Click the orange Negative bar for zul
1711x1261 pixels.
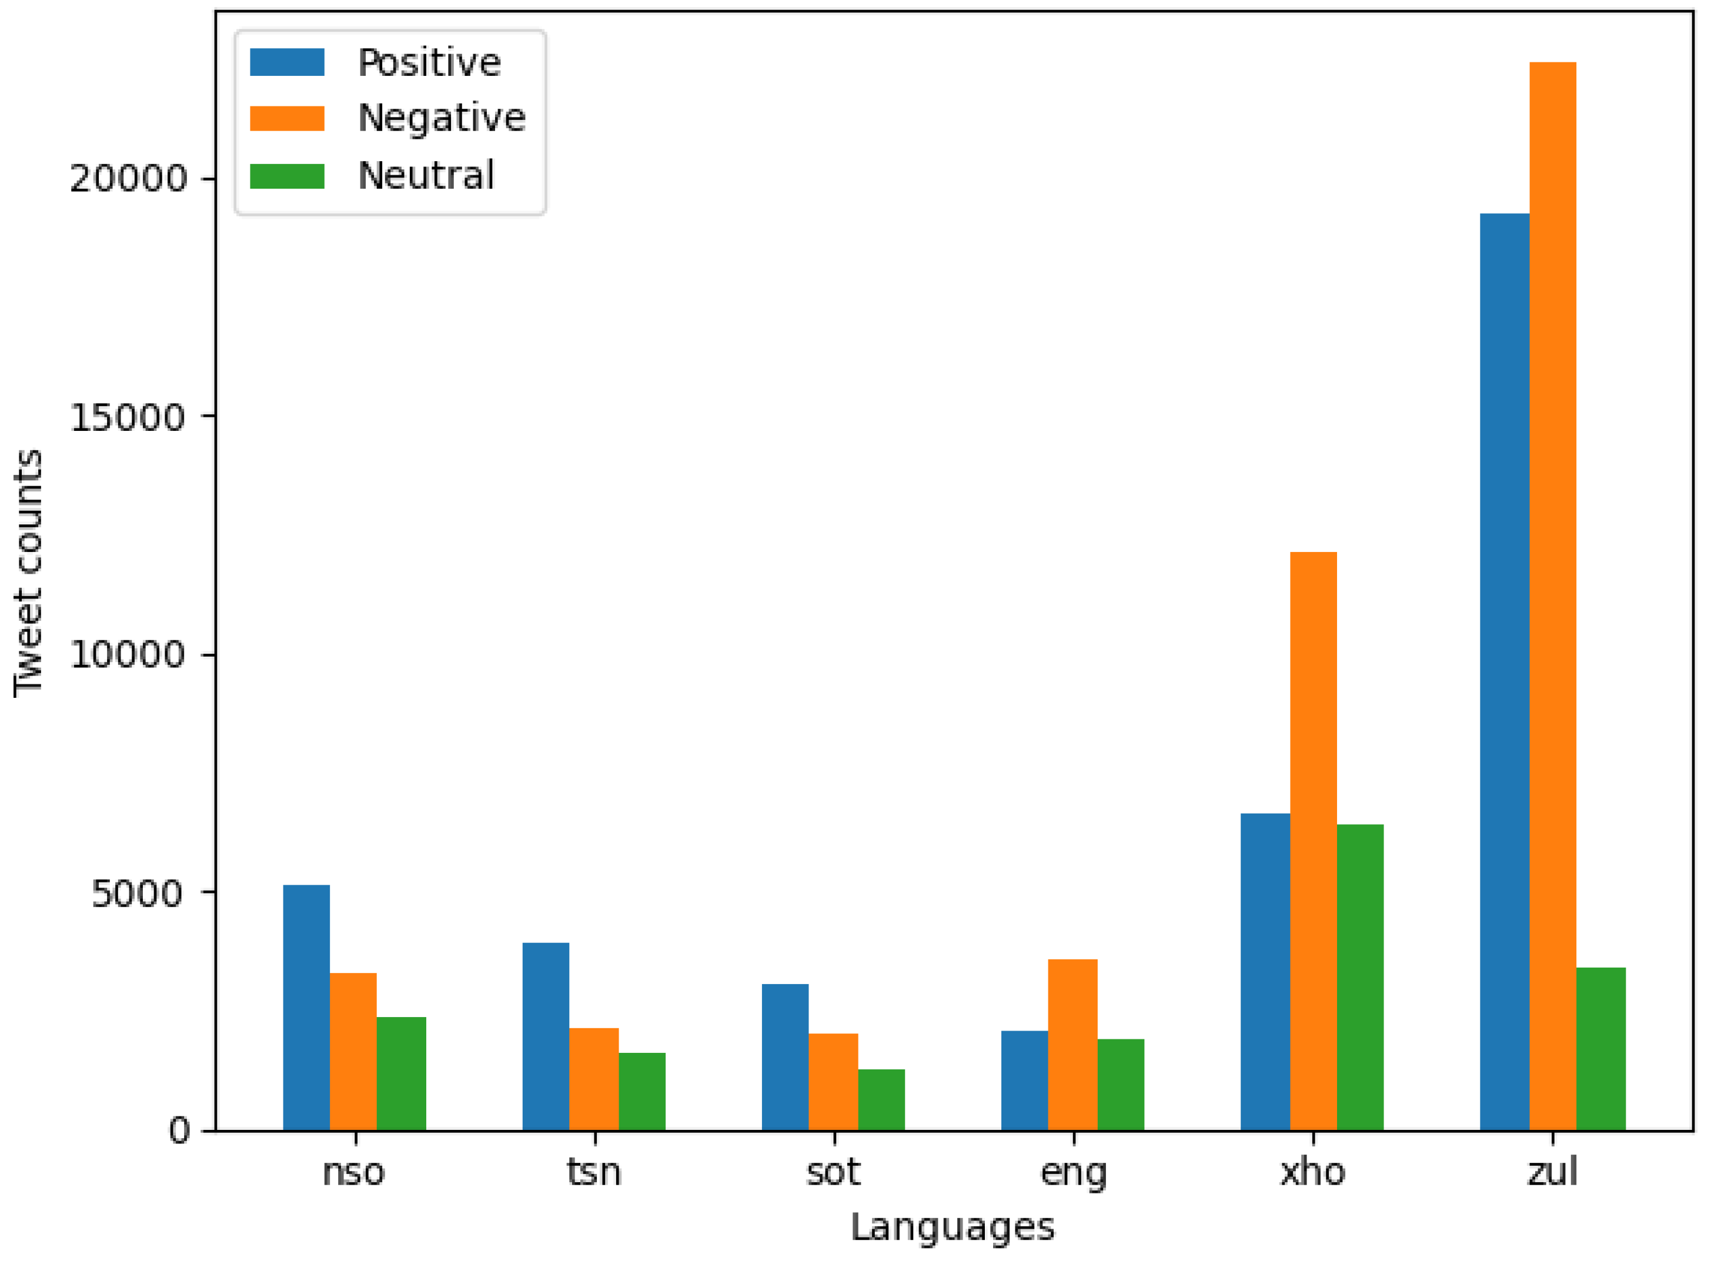click(1552, 596)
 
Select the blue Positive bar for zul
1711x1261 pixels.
click(1504, 672)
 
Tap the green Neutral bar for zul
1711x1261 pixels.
click(1601, 1049)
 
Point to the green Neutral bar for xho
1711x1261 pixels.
click(1360, 977)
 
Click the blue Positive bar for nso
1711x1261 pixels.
click(306, 1008)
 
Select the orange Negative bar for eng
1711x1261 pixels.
click(1072, 1045)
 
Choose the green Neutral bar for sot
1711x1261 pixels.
click(881, 1100)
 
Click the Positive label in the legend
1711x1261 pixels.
click(429, 62)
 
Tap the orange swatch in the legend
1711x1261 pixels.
click(287, 118)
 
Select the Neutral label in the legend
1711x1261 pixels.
click(426, 176)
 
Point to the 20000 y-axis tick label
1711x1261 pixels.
click(128, 179)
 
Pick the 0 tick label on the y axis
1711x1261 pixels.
click(179, 1130)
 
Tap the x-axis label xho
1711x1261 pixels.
click(1312, 1172)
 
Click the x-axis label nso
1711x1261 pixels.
click(353, 1172)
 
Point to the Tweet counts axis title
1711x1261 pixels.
click(28, 573)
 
